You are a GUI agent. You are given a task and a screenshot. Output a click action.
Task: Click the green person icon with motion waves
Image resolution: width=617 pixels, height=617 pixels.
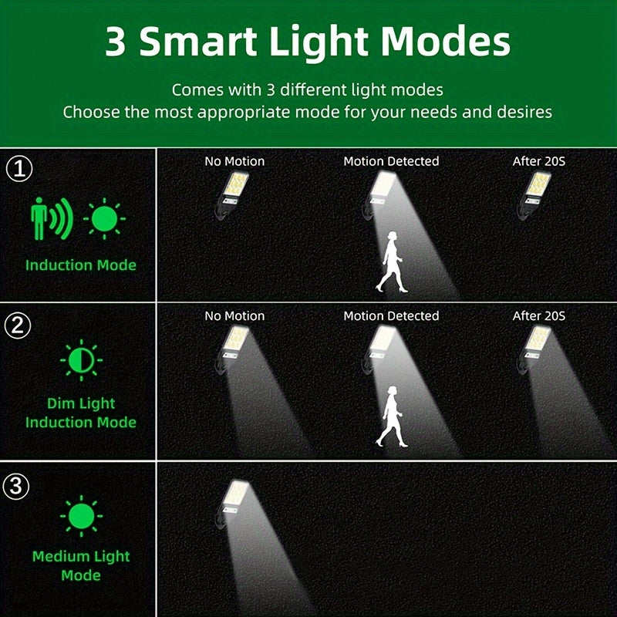[51, 219]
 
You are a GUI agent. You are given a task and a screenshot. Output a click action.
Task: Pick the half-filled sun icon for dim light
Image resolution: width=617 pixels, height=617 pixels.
[80, 360]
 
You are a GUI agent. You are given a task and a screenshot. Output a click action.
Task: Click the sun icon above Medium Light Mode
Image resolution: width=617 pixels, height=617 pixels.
[80, 516]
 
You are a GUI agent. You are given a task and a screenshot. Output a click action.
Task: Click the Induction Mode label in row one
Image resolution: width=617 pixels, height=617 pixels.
[80, 265]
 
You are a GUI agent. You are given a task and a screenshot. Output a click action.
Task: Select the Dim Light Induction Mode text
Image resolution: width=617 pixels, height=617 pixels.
[80, 413]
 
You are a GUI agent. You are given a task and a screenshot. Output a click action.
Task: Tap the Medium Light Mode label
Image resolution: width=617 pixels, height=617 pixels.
[80, 565]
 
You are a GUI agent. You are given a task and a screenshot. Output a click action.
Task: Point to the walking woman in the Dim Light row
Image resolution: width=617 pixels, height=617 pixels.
[392, 416]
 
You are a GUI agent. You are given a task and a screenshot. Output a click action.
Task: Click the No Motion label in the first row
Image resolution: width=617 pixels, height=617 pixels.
[234, 161]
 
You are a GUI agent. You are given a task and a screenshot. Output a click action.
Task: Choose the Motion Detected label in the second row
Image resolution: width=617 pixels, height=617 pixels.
[391, 316]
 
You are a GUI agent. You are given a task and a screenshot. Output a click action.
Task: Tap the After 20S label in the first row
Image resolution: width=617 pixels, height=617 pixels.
[539, 161]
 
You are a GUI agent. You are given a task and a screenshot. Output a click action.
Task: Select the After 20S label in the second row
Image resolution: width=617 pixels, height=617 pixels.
[539, 316]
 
